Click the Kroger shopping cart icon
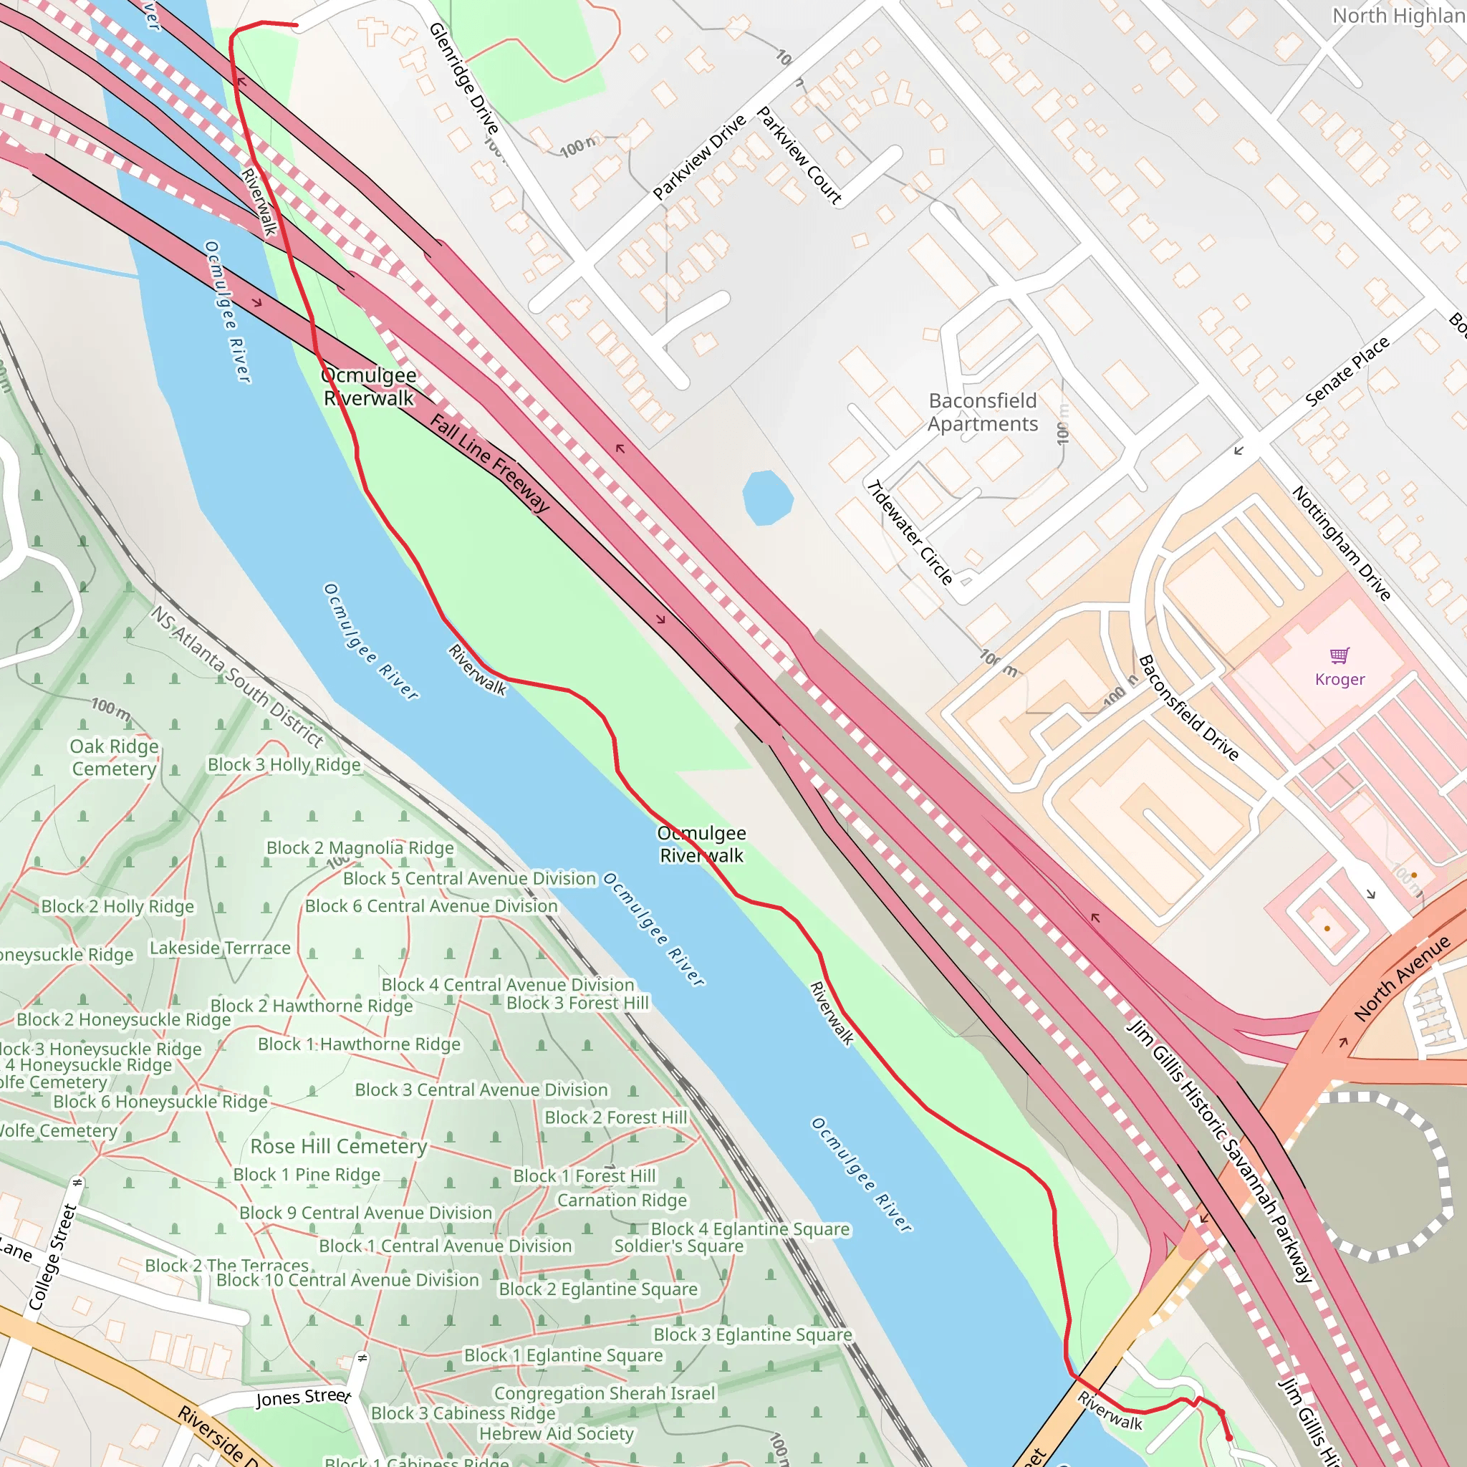point(1339,655)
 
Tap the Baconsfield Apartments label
point(983,413)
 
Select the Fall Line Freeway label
point(490,463)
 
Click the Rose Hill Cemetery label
point(339,1146)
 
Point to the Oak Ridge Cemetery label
point(115,758)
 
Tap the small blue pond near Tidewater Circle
point(768,497)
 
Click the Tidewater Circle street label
point(910,532)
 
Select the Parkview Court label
point(799,155)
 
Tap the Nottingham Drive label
point(1341,544)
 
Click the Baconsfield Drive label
point(1188,708)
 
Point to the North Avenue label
point(1402,978)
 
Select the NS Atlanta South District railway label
point(236,676)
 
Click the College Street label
point(52,1256)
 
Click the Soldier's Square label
point(678,1246)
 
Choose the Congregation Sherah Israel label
point(605,1393)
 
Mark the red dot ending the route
point(1229,1438)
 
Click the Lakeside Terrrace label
point(219,948)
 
